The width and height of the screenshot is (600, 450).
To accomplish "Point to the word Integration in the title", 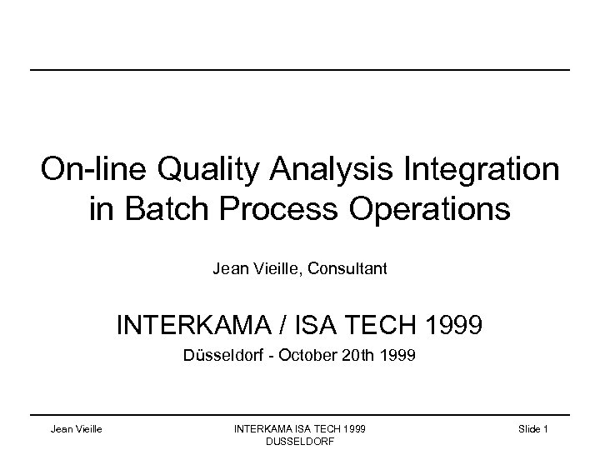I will (478, 170).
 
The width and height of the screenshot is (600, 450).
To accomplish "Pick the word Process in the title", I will (287, 208).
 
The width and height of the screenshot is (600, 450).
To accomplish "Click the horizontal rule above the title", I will (300, 69).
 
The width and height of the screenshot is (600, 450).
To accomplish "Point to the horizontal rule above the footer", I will (300, 414).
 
